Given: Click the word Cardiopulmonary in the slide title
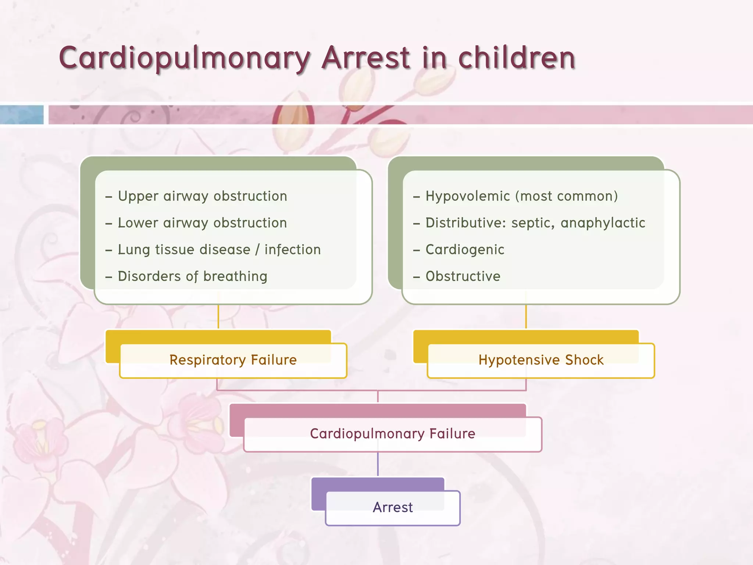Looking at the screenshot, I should pos(184,58).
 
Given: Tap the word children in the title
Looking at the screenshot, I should pos(517,58).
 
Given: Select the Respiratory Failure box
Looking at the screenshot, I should pos(233,360).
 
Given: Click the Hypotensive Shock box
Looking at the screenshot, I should pos(541,360).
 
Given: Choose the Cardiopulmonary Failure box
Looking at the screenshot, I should pos(392,434).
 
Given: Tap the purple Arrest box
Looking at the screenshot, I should pos(393,507).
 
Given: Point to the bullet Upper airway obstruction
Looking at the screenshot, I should pos(202,196).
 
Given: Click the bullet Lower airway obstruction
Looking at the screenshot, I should pos(202,223).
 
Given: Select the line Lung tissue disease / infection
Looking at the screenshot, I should pos(219,250).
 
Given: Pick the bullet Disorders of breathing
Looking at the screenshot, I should pos(192,277).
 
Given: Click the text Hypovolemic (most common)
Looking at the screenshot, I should pos(521,196).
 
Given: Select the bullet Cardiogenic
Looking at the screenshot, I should pos(465,250).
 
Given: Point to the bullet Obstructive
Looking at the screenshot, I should pos(463,277).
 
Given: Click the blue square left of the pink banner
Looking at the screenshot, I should pos(22,115).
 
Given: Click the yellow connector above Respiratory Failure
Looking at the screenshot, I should pos(218,316).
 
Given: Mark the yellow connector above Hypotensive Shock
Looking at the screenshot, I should pos(526,316).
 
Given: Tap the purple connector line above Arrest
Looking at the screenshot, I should pos(378,464).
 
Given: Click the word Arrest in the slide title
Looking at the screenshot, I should pos(366,58).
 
